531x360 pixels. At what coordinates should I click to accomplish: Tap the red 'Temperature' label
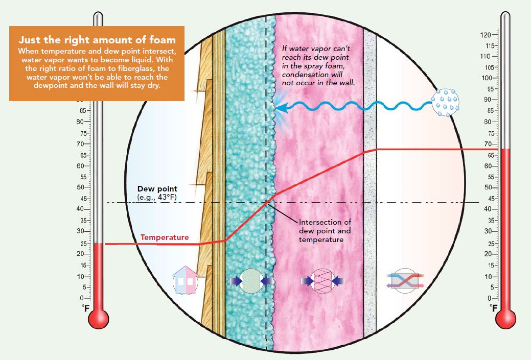tap(165, 237)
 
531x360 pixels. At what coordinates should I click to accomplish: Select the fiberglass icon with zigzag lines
tap(322, 280)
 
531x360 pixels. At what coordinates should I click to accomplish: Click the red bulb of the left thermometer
tap(99, 319)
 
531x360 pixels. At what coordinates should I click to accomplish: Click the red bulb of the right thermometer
tap(505, 319)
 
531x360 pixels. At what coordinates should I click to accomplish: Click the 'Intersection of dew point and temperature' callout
tap(325, 230)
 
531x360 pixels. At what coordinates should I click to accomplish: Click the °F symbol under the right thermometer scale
tap(493, 308)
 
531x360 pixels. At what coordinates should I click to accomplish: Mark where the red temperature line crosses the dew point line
tap(266, 203)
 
